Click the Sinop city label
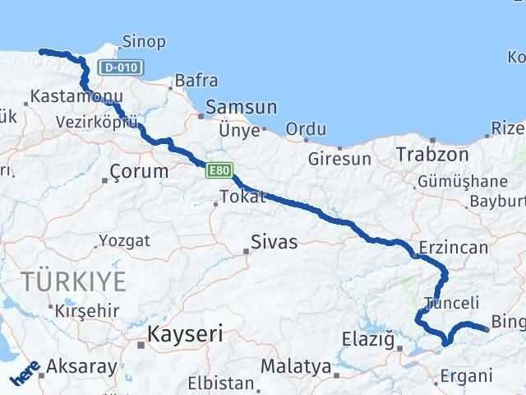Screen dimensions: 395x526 pos(144,41)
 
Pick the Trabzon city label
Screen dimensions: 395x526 pos(431,155)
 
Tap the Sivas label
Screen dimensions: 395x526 pos(275,243)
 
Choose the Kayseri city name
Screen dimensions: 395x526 pos(185,334)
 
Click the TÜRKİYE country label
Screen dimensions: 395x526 pos(75,281)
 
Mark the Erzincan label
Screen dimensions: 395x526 pos(449,247)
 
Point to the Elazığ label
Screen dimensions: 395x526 pos(369,337)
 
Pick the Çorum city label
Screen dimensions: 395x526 pos(139,172)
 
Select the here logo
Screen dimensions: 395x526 pos(24,375)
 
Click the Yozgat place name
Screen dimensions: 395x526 pos(124,241)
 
